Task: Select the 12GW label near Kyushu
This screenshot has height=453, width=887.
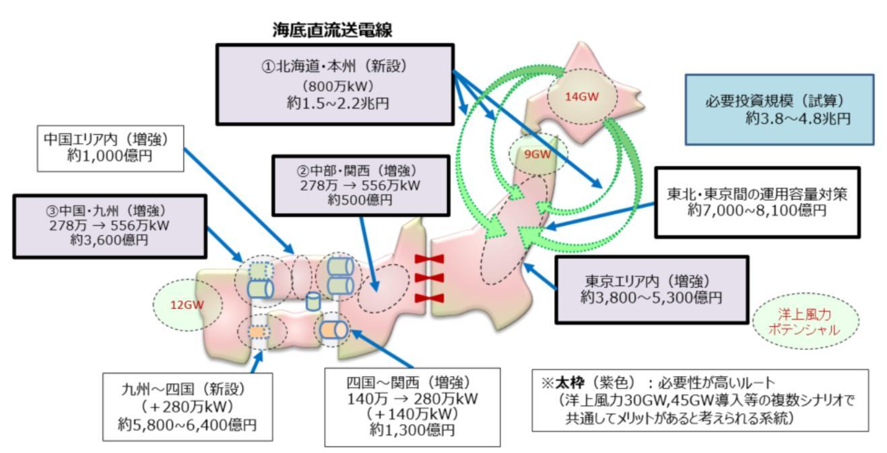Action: click(187, 304)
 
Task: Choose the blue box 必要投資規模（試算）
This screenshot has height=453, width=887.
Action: click(778, 109)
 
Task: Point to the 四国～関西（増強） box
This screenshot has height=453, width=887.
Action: click(412, 406)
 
